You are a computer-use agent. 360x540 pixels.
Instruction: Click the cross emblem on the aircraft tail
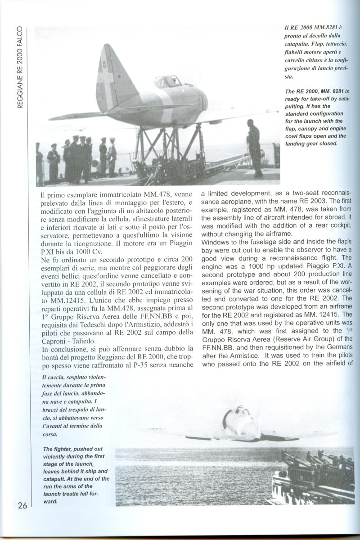[x=108, y=85]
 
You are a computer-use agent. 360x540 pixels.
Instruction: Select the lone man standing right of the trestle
[x=255, y=151]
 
